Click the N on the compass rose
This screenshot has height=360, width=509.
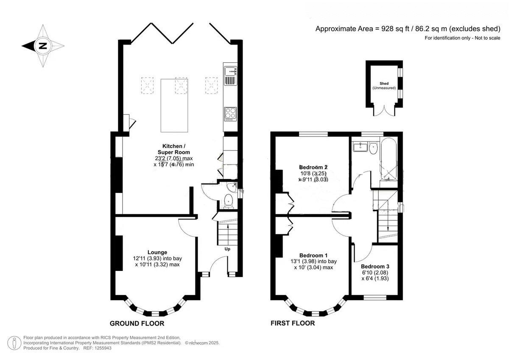(42, 46)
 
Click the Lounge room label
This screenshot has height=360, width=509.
(157, 252)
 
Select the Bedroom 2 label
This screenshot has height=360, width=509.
(313, 167)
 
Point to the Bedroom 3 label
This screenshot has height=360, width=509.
(375, 266)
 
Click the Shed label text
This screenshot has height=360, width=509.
(384, 84)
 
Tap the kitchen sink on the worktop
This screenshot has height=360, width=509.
(230, 72)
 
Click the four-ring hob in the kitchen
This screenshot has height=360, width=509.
(230, 114)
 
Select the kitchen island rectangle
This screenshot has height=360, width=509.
(174, 106)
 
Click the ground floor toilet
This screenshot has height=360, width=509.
(228, 201)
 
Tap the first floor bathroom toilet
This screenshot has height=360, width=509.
(373, 148)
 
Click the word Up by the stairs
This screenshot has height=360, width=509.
(227, 249)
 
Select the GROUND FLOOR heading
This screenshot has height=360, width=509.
(137, 324)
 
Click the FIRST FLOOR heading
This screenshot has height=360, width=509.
(293, 323)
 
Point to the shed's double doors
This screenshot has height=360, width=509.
(384, 111)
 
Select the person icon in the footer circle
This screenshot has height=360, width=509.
(14, 343)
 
